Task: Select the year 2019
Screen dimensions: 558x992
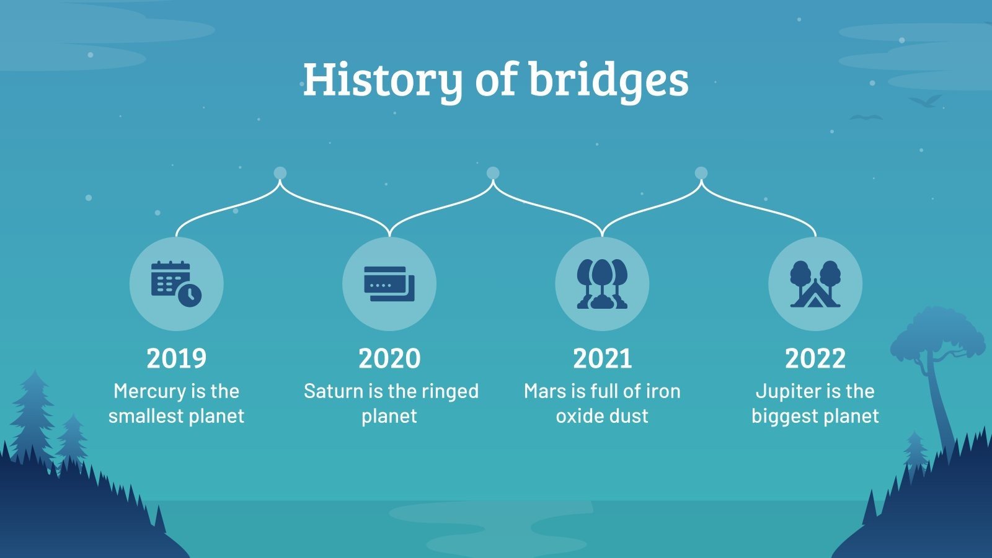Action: pyautogui.click(x=177, y=358)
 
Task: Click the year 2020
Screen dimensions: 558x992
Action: pyautogui.click(x=389, y=358)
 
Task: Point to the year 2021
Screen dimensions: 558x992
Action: pyautogui.click(x=602, y=358)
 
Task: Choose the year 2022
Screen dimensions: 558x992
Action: pyautogui.click(x=815, y=358)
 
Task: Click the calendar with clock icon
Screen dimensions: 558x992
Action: pyautogui.click(x=177, y=284)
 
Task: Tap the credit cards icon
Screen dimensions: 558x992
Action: pyautogui.click(x=389, y=284)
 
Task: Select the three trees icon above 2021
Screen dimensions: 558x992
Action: pyautogui.click(x=602, y=284)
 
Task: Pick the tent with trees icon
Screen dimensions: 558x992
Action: pyautogui.click(x=815, y=284)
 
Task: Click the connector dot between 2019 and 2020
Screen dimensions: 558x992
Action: pyautogui.click(x=280, y=173)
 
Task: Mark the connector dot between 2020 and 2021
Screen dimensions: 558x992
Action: pyautogui.click(x=493, y=173)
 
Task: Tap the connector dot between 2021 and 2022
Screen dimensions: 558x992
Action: pyautogui.click(x=701, y=173)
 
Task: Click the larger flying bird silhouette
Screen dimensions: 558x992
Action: pyautogui.click(x=925, y=101)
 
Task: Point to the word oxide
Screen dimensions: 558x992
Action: pyautogui.click(x=578, y=416)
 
